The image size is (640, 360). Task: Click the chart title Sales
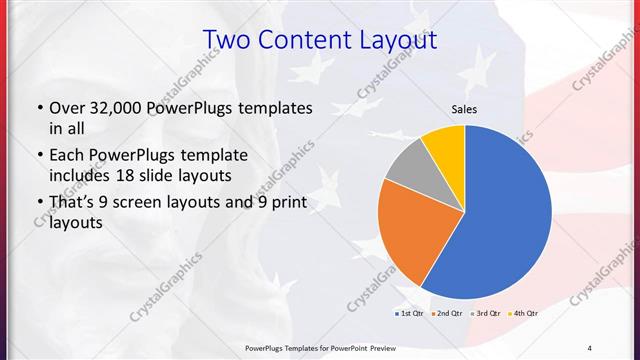click(x=464, y=108)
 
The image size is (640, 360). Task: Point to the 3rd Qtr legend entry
click(x=485, y=314)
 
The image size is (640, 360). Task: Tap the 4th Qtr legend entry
click(x=524, y=314)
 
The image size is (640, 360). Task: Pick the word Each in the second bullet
click(x=68, y=155)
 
